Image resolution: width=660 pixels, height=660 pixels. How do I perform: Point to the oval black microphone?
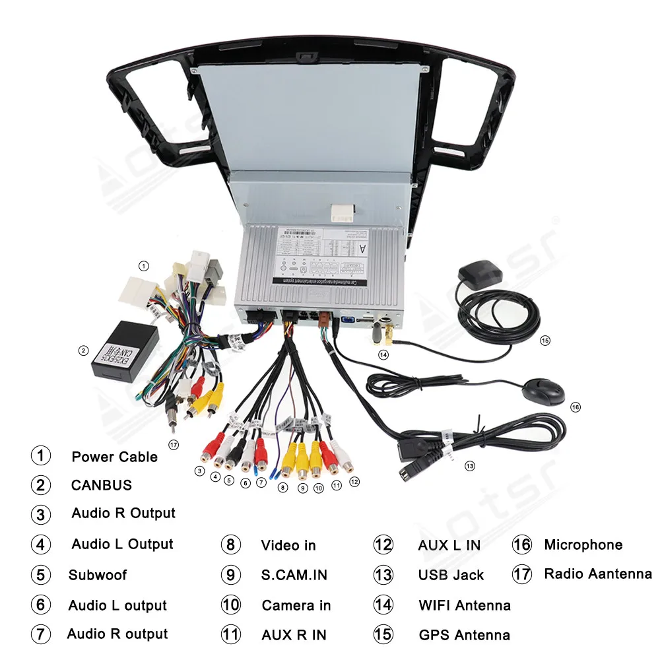pos(546,392)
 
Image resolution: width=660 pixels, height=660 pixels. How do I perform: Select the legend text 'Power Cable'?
pos(114,457)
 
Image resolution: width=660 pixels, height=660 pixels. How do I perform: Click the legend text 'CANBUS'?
pos(102,485)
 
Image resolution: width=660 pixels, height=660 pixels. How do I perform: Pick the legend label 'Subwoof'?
pos(98,575)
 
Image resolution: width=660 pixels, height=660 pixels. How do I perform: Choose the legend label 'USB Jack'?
pos(451,575)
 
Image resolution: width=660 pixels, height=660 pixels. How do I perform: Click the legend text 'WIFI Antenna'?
pos(464,605)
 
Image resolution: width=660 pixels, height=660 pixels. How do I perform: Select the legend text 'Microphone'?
pos(583,545)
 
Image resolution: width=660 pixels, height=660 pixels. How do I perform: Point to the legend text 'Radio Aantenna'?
pos(597,574)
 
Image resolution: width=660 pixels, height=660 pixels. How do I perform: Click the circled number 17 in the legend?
pos(522,574)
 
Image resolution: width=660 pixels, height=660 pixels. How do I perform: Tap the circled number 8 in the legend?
pos(230,545)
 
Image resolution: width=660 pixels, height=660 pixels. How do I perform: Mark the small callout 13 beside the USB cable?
pos(469,466)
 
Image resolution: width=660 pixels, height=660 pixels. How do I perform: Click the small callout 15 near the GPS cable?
pos(544,341)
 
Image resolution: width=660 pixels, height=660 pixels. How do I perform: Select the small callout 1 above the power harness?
pos(144,266)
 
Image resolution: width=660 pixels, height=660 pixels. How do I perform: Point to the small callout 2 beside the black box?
pos(83,350)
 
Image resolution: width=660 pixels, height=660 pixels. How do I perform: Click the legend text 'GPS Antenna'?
pos(464,636)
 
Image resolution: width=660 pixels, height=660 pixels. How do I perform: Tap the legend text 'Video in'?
pos(288,545)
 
